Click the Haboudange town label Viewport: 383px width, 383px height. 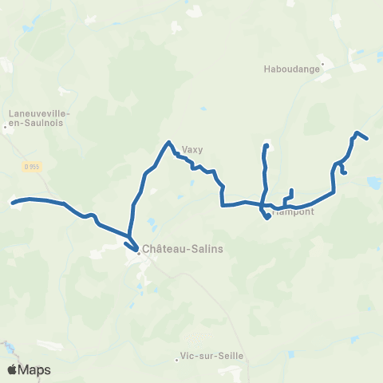tap(291, 69)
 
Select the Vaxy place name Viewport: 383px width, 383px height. tap(192, 148)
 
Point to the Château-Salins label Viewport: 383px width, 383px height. tap(183, 249)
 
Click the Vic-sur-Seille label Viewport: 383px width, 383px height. tap(211, 356)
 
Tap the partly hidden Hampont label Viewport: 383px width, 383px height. tap(294, 212)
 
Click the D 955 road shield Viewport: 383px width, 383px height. tap(31, 166)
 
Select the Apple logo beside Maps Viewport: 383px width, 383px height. tap(13, 369)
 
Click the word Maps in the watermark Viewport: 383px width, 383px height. tap(35, 369)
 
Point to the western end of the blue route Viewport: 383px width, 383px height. tap(12, 203)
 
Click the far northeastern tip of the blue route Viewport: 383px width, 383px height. tap(366, 139)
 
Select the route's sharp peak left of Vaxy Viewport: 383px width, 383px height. tap(169, 142)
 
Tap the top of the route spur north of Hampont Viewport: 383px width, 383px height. tap(266, 145)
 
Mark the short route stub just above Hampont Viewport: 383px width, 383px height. tap(292, 191)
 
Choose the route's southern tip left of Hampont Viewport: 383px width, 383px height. tap(266, 217)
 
